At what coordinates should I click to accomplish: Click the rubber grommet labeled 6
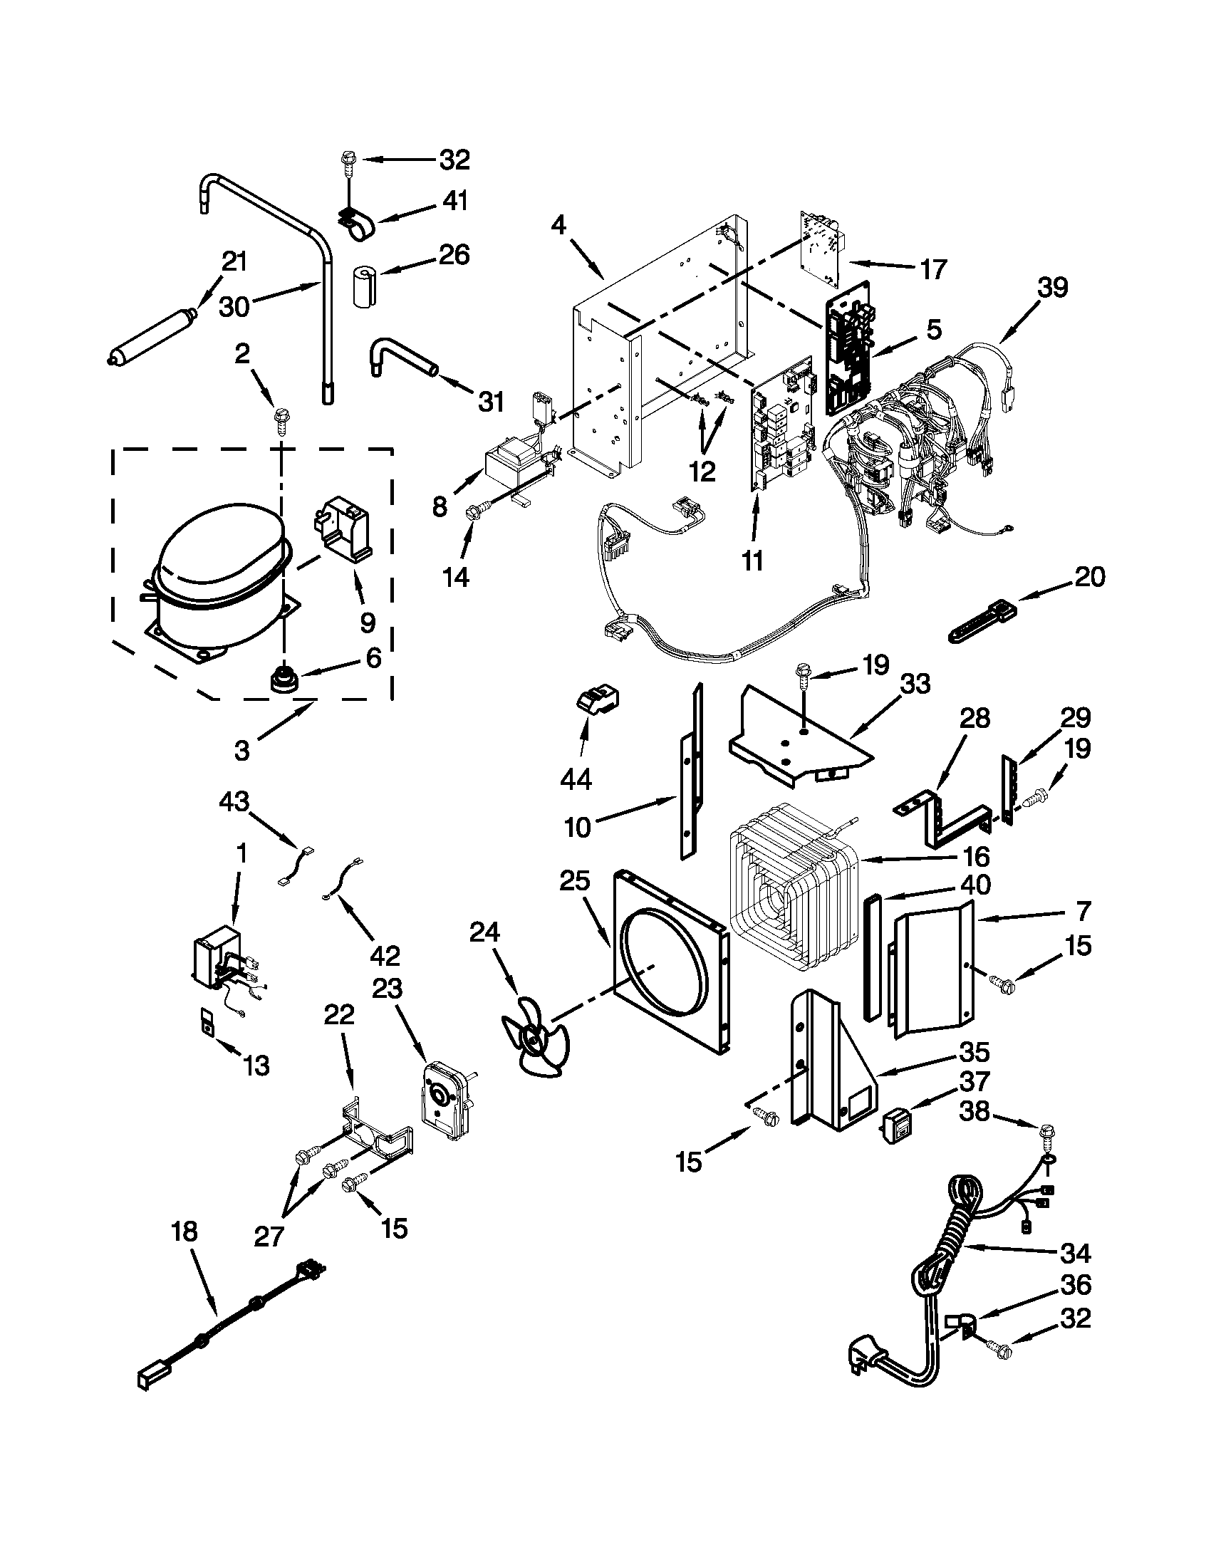pyautogui.click(x=284, y=678)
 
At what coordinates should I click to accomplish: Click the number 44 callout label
pyautogui.click(x=576, y=779)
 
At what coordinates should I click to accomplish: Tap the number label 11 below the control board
pyautogui.click(x=752, y=561)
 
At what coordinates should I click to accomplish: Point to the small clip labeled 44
pyautogui.click(x=597, y=697)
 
